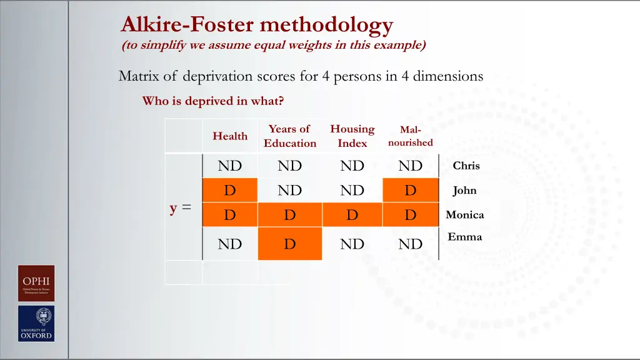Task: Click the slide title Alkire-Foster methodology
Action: (257, 25)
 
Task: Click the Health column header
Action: (230, 136)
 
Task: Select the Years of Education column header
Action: (289, 136)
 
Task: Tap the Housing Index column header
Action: (352, 136)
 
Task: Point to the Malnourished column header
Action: (410, 136)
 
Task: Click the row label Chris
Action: (466, 166)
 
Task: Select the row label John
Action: (464, 191)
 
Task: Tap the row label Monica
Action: (464, 215)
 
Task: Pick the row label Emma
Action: (464, 237)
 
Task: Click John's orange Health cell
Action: (230, 191)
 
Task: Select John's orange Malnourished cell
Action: (410, 191)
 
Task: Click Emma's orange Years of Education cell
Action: (289, 244)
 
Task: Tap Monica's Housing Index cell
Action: (352, 215)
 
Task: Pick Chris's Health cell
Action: (230, 166)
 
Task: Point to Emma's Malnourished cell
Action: (410, 244)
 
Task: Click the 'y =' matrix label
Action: (181, 209)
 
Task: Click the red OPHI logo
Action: (36, 283)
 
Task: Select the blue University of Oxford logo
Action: (36, 323)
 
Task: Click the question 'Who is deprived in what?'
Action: (213, 101)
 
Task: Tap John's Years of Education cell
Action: (289, 191)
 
